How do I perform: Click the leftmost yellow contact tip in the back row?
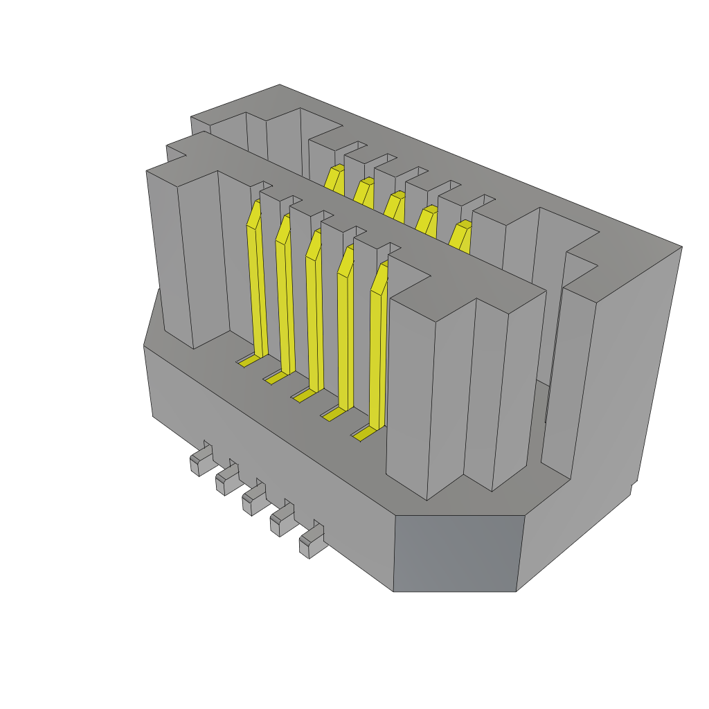coord(335,179)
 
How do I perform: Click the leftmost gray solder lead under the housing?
coord(199,461)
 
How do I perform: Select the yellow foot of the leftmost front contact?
coord(249,360)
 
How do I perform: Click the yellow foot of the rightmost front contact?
coord(364,433)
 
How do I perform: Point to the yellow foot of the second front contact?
coord(275,377)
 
